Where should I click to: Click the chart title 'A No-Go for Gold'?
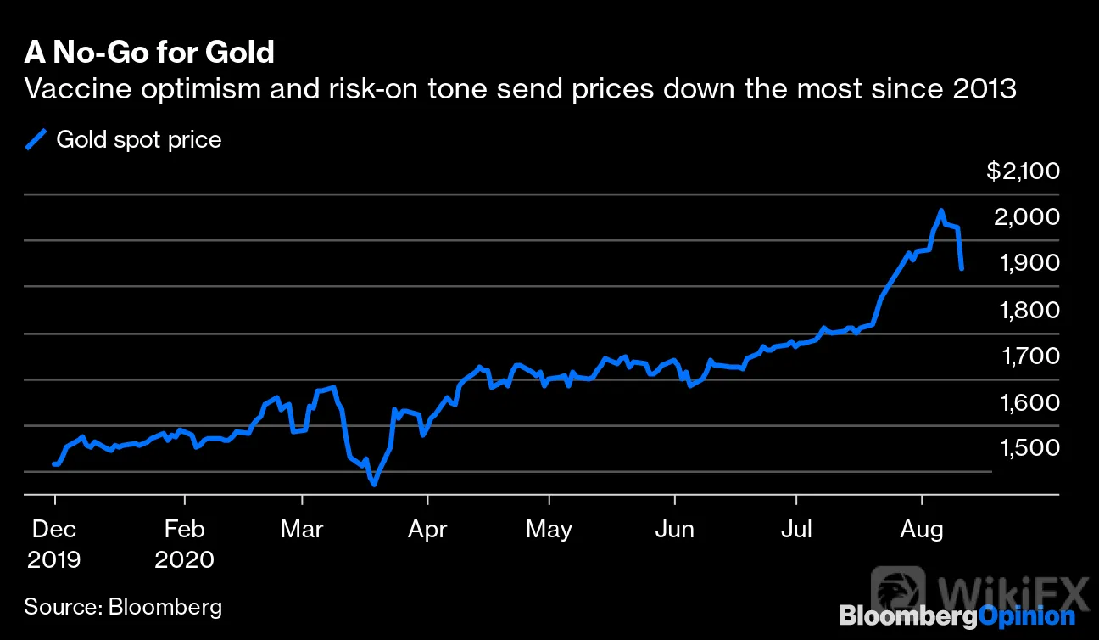149,52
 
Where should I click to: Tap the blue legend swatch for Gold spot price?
36,139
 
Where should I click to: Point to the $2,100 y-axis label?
1023,171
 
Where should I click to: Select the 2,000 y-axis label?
1027,216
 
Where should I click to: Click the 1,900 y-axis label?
1029,263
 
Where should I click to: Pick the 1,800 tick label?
1029,310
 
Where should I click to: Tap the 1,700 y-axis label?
1030,356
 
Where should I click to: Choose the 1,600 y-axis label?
1029,402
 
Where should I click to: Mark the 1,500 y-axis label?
1029,447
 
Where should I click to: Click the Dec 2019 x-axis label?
54,544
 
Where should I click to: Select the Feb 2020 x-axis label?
184,544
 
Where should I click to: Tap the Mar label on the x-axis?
302,530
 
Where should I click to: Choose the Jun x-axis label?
675,530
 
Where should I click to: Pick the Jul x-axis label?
796,530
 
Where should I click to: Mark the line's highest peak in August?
941,211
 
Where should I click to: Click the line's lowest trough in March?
374,485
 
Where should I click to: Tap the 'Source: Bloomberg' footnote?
123,607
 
